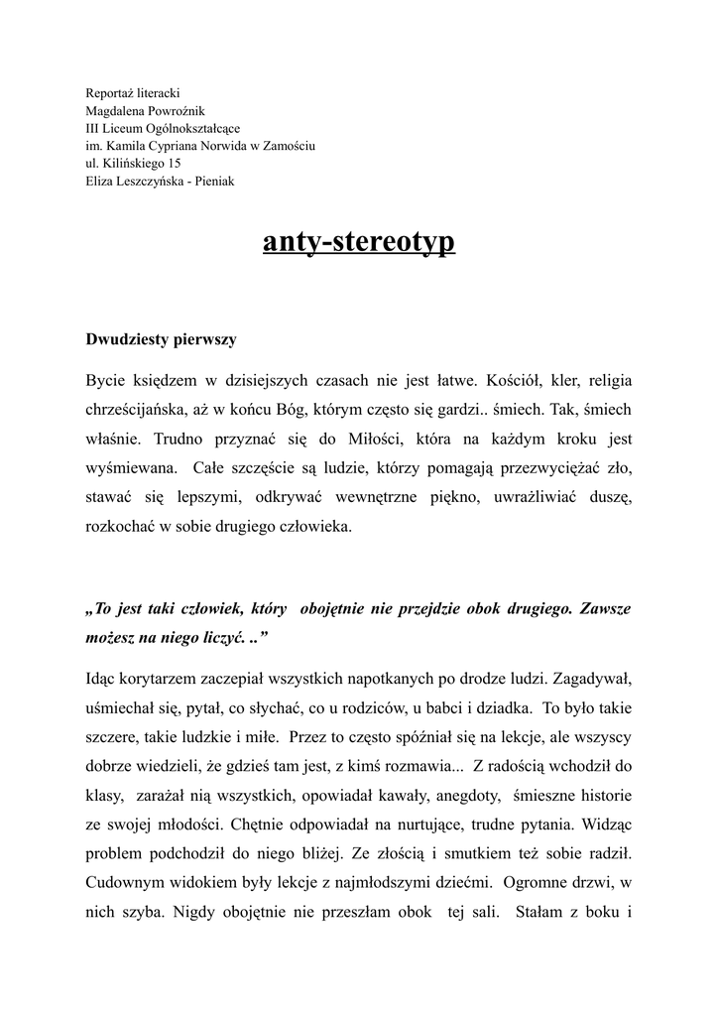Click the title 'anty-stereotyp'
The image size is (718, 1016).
[359, 242]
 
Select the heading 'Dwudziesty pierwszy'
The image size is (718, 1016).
[162, 339]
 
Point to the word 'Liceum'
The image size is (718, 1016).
[122, 128]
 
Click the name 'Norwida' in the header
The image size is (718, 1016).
[234, 146]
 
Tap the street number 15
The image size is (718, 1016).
[175, 164]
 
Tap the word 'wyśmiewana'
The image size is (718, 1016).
[132, 468]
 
